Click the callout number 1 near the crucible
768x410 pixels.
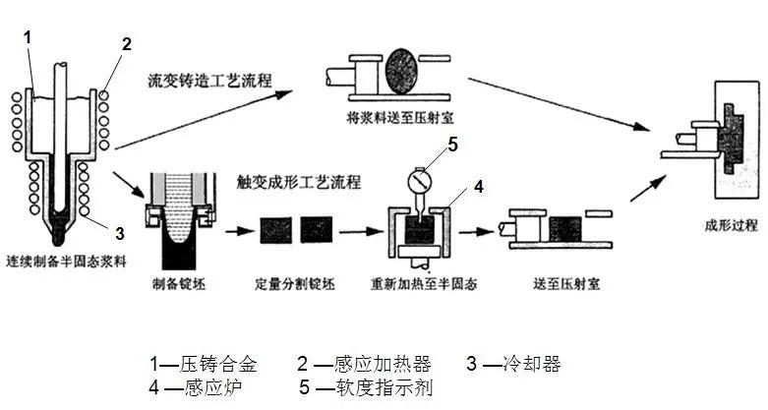[29, 37]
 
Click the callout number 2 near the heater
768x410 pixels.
[128, 44]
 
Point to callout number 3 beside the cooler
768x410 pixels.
[119, 233]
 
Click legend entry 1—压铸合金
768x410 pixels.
[204, 364]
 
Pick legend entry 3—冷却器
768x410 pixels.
[513, 364]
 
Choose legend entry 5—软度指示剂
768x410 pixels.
[370, 387]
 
